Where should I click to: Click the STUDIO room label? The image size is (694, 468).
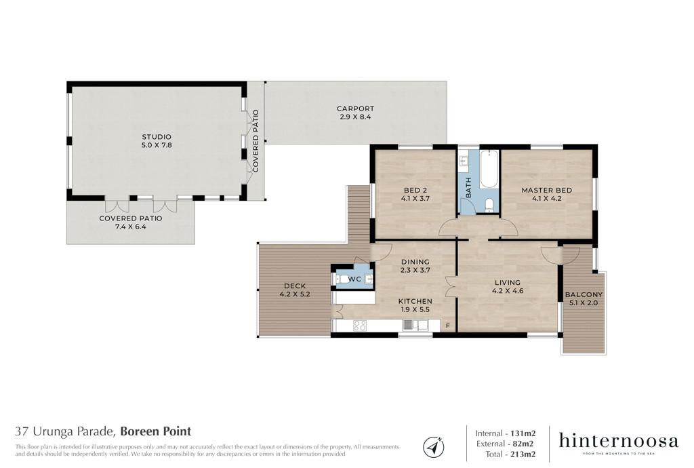tap(157, 137)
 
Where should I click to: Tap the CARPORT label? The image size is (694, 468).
tap(355, 109)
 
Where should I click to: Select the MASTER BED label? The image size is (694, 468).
tap(547, 191)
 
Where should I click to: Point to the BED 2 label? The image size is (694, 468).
tap(415, 191)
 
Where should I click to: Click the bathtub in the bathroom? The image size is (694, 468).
tap(489, 169)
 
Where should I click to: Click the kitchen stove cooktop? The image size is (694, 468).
tap(359, 326)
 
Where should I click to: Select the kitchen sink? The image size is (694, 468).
tap(415, 326)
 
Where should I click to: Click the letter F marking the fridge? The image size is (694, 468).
tap(447, 326)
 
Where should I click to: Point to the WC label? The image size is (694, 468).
tap(354, 279)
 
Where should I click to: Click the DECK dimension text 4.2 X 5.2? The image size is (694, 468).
tap(295, 294)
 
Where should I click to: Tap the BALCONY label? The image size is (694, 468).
tap(584, 294)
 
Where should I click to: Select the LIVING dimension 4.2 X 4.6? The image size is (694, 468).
tap(508, 291)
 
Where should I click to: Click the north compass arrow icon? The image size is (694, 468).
tap(433, 446)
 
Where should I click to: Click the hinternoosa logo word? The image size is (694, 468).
tap(618, 441)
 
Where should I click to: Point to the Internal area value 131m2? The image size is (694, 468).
tap(523, 433)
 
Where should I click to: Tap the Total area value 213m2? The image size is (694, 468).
tap(523, 454)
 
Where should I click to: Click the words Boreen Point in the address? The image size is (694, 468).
tap(156, 431)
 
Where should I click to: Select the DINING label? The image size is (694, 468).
tap(415, 262)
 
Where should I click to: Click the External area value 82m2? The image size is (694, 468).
tap(523, 444)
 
